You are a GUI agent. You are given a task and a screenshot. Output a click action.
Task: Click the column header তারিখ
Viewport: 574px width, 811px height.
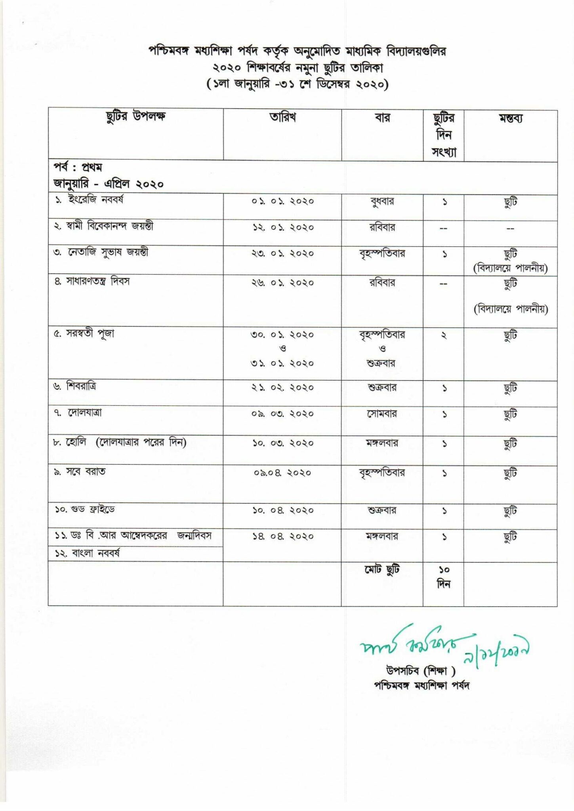(282, 118)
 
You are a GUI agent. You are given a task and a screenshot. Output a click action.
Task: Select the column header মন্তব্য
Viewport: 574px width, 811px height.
(510, 118)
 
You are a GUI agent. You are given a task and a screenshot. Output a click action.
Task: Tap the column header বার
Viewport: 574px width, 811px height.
(382, 118)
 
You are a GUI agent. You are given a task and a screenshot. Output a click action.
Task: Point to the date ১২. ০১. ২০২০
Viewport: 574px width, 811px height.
(282, 228)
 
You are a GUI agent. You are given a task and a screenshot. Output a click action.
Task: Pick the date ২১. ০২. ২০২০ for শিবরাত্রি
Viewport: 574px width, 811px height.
(282, 388)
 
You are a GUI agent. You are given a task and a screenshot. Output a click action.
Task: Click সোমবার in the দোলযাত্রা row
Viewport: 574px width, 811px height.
(382, 414)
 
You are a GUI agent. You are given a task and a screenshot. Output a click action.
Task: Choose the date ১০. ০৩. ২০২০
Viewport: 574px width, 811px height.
(282, 443)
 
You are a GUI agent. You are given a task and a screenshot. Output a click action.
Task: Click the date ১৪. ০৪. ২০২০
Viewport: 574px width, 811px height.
(282, 537)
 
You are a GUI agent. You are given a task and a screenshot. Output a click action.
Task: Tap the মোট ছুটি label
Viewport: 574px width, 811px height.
(382, 570)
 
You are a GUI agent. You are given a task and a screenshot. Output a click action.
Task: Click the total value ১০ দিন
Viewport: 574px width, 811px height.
(443, 577)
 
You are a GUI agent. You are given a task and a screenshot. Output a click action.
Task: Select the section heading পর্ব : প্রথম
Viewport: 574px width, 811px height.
(78, 168)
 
